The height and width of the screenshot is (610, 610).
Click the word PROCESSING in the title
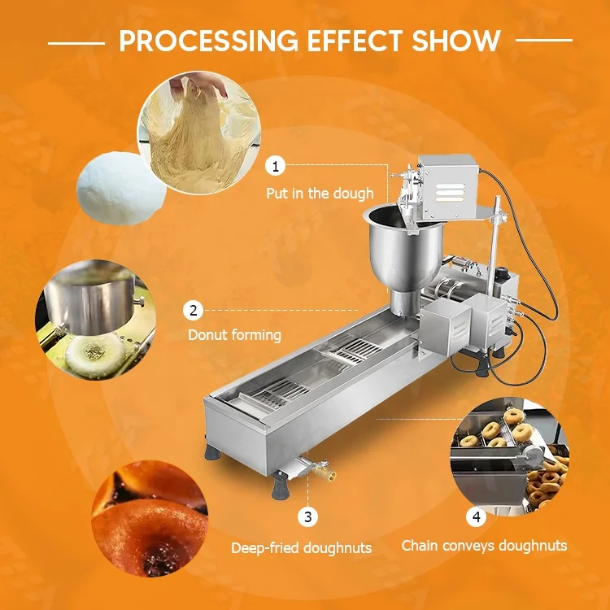[x=208, y=41]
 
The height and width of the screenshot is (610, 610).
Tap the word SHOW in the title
[x=456, y=41]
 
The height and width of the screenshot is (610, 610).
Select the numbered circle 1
[x=276, y=166]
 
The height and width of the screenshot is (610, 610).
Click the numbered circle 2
[x=194, y=311]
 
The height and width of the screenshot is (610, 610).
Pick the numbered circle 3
[x=307, y=516]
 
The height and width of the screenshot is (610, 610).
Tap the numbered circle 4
[x=477, y=517]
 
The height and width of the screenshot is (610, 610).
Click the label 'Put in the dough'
[x=320, y=194]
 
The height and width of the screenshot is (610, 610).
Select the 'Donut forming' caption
[x=234, y=335]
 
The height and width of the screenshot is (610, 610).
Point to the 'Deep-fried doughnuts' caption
[x=302, y=548]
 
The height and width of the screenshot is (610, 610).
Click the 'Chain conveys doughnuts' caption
[x=484, y=546]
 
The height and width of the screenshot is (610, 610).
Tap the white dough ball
[x=120, y=189]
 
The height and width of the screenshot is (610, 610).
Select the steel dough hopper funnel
[x=403, y=253]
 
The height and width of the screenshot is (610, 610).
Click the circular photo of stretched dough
[x=198, y=133]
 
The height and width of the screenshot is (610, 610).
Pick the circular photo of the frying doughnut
[x=150, y=518]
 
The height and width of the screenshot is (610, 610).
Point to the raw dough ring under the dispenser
[x=94, y=355]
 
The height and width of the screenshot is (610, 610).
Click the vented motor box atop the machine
[x=448, y=185]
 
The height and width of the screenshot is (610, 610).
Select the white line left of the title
[x=76, y=43]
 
